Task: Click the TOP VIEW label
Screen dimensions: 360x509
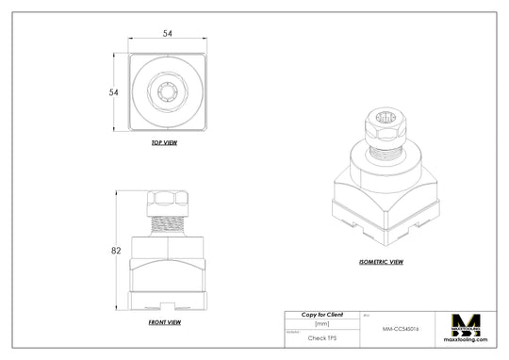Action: coord(164,143)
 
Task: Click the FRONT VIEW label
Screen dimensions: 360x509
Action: coord(164,322)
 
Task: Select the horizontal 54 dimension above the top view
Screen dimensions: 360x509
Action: coord(168,33)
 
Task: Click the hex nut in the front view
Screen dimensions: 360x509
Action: coord(168,201)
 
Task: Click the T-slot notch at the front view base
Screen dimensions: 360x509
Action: coord(168,305)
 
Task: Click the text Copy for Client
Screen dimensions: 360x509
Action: coord(321,314)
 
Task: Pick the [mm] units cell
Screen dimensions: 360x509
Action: coord(321,323)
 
